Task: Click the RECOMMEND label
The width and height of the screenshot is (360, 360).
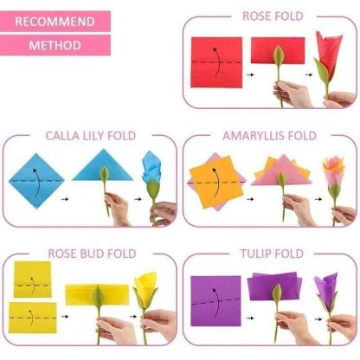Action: point(55,20)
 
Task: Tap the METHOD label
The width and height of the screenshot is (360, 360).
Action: point(55,44)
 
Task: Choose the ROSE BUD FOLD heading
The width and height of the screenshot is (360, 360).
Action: point(85,255)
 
